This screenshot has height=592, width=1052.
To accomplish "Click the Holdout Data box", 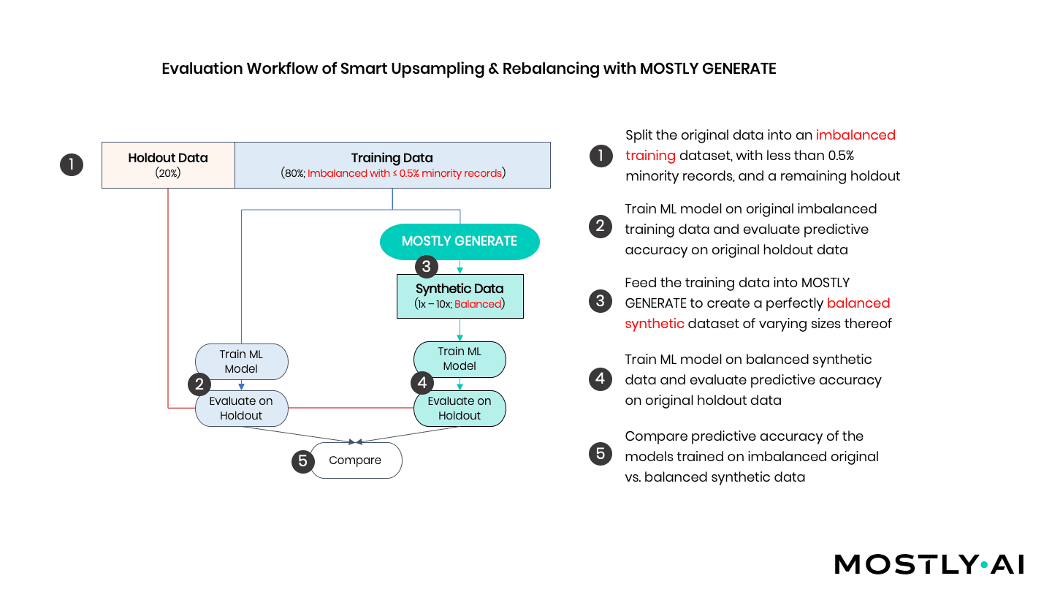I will [x=168, y=165].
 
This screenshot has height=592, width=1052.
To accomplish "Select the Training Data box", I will [x=392, y=165].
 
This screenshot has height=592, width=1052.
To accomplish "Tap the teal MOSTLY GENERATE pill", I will [x=460, y=241].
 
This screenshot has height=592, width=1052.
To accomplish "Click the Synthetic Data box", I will [x=460, y=296].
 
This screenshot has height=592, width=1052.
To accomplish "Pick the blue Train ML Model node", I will [x=241, y=362].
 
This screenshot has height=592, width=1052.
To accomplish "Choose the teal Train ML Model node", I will [x=460, y=359].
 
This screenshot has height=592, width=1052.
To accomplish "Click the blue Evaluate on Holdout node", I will [x=241, y=408].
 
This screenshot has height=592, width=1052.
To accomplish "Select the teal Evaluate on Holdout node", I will [x=460, y=408].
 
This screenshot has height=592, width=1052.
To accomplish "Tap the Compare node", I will [x=356, y=460].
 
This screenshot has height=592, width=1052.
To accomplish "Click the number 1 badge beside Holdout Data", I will [x=71, y=164].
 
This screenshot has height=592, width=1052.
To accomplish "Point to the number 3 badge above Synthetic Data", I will [x=427, y=266].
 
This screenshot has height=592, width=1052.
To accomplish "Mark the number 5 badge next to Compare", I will [x=302, y=460].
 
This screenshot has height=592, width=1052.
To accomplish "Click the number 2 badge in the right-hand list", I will [x=600, y=227].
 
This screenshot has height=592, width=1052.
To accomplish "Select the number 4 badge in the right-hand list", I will [x=600, y=379].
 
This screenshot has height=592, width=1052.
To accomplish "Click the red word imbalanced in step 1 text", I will [x=855, y=135].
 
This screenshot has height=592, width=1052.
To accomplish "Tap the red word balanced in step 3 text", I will [x=858, y=303].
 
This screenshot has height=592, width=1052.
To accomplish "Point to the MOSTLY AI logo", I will [x=929, y=564].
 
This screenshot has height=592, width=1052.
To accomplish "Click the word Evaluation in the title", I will [x=202, y=69].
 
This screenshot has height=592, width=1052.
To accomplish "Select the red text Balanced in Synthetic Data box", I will [x=478, y=304].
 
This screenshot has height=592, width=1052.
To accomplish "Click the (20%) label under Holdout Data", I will [x=168, y=173].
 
